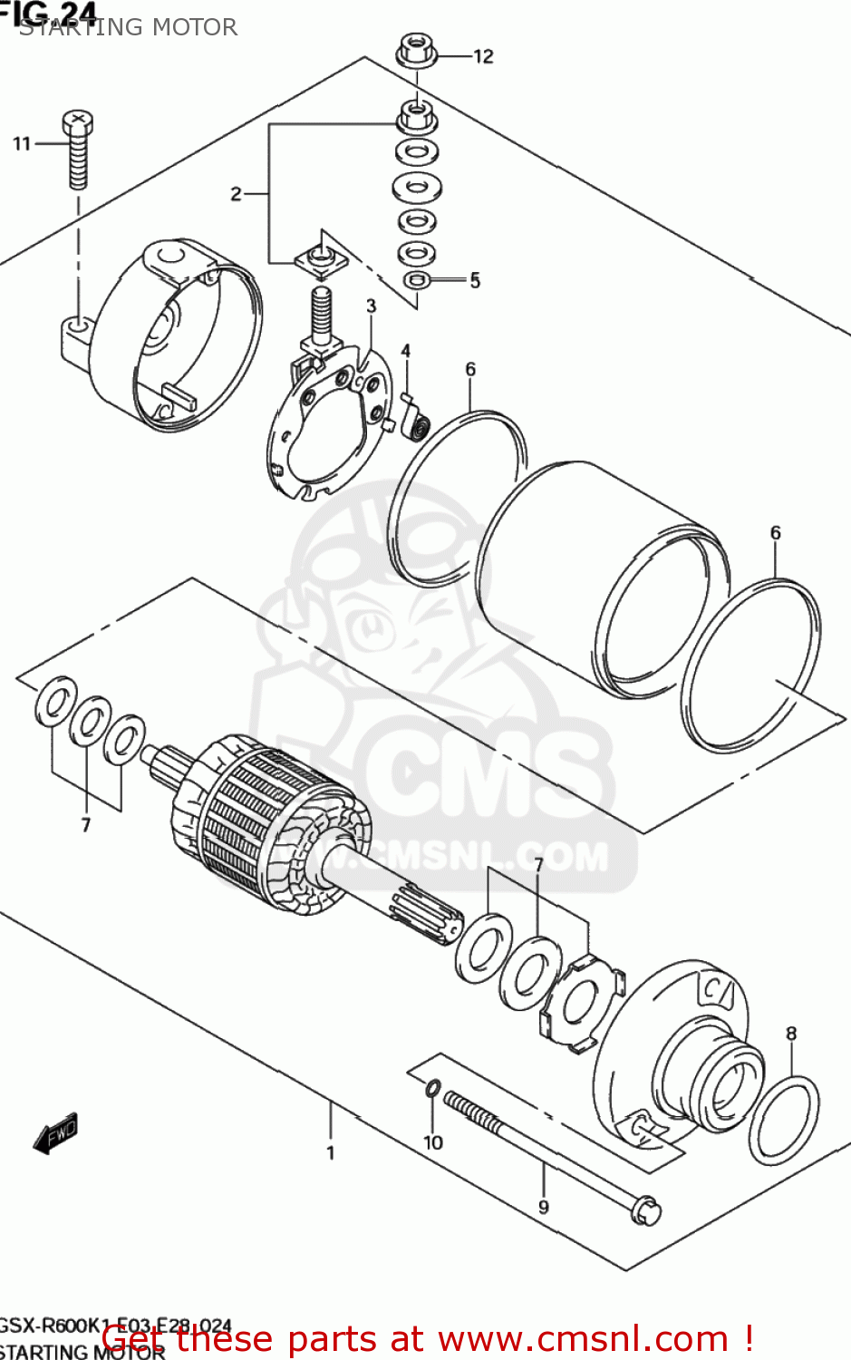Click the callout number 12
(x=483, y=56)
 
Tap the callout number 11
(x=22, y=143)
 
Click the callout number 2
(x=236, y=193)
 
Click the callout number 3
(x=371, y=306)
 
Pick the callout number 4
(x=405, y=351)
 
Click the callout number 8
(x=791, y=1033)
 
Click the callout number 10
(x=433, y=1142)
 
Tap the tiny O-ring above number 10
(x=433, y=1087)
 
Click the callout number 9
(x=543, y=1207)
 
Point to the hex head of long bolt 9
(x=647, y=1209)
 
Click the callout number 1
(x=330, y=1152)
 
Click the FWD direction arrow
(x=56, y=1132)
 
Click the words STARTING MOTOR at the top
(x=128, y=27)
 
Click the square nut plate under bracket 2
(x=322, y=259)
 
